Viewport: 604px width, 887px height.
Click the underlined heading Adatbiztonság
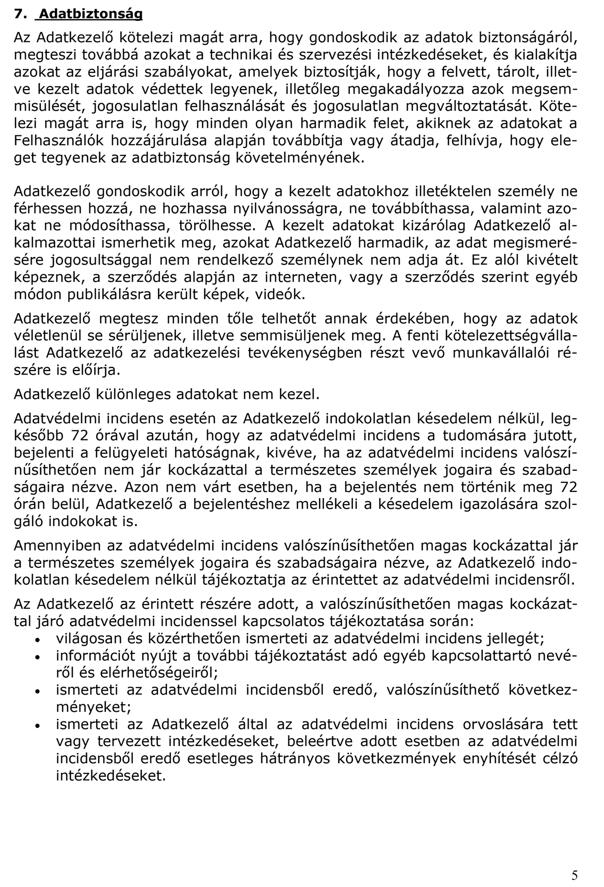[91, 14]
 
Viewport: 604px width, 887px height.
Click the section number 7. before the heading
[20, 14]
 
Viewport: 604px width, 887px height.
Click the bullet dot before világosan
[38, 640]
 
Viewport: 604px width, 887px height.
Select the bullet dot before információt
[38, 657]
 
